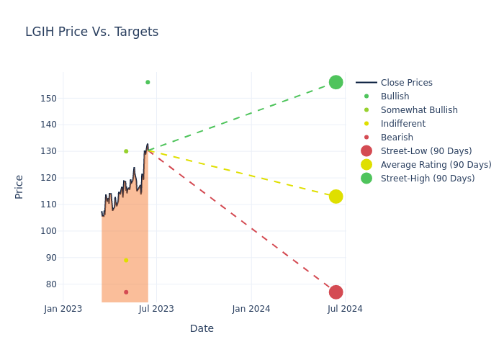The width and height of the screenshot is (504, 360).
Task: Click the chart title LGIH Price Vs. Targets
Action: pos(91,32)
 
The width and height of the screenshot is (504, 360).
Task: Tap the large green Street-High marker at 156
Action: pos(336,82)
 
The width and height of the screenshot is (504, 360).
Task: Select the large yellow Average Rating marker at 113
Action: pos(336,197)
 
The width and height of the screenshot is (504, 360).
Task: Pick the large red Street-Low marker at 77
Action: pos(336,292)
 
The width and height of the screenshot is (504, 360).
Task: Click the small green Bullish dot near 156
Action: pos(148,82)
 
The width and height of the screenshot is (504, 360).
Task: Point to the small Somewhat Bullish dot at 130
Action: pos(126,151)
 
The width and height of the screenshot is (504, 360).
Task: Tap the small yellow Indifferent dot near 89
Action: pos(126,260)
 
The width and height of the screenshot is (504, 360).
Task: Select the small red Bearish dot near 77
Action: pos(126,292)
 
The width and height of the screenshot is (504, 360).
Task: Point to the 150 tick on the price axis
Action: pos(49,98)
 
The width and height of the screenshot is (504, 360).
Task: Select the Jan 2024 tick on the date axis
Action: pos(251,309)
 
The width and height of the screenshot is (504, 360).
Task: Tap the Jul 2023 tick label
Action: pos(156,309)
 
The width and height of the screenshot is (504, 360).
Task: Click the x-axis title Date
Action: pos(202,329)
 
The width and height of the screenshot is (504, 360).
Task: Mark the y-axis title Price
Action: pos(19,186)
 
